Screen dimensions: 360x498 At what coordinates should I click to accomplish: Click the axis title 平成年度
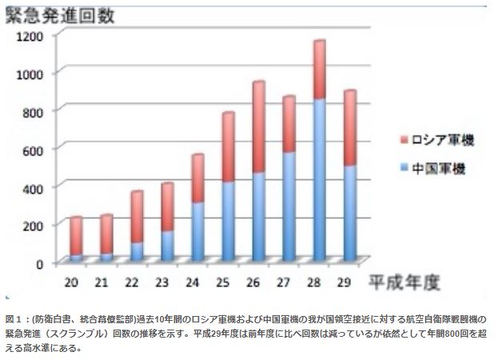click(x=405, y=282)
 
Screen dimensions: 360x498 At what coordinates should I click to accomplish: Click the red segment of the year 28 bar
click(x=319, y=70)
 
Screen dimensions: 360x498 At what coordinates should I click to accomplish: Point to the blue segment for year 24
click(x=197, y=232)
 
